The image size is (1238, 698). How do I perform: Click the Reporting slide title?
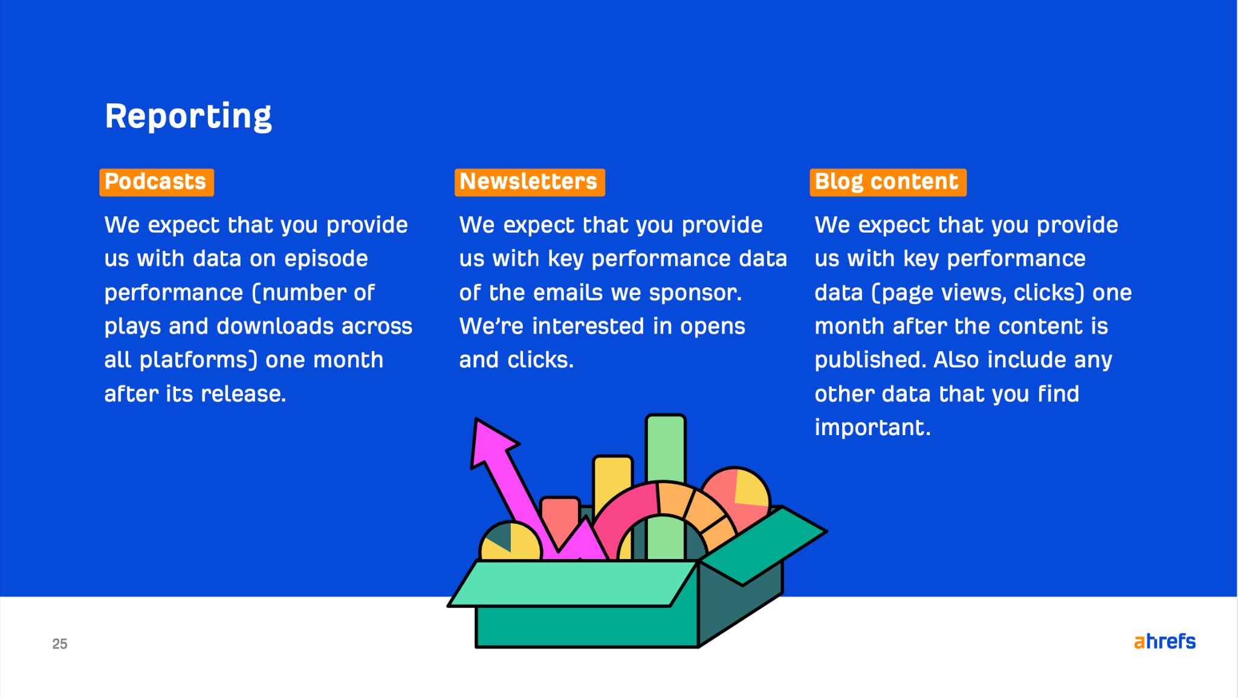pyautogui.click(x=188, y=116)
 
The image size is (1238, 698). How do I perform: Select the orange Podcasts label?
pyautogui.click(x=156, y=182)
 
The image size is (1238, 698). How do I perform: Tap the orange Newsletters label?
pyautogui.click(x=529, y=182)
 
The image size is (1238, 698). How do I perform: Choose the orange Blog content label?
pyautogui.click(x=887, y=182)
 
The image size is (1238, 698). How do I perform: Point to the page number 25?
pyautogui.click(x=60, y=644)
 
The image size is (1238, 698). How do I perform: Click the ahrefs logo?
pyautogui.click(x=1164, y=641)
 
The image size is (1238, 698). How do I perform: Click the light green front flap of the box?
pyautogui.click(x=574, y=583)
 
